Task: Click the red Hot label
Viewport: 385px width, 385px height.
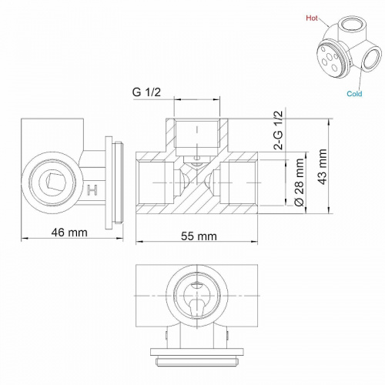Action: coord(312,18)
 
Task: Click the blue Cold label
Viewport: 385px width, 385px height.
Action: coord(354,94)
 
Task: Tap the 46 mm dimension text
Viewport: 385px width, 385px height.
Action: coord(69,233)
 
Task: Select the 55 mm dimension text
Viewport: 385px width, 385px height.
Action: coord(199,236)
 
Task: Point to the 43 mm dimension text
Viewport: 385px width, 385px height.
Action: coord(323,166)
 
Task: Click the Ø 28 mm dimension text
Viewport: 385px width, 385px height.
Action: coord(300,182)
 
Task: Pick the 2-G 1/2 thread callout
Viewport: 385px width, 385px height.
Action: coord(279,130)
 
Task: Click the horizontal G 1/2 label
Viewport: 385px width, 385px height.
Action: coord(146,92)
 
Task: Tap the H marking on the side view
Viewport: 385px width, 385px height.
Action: coord(92,190)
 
